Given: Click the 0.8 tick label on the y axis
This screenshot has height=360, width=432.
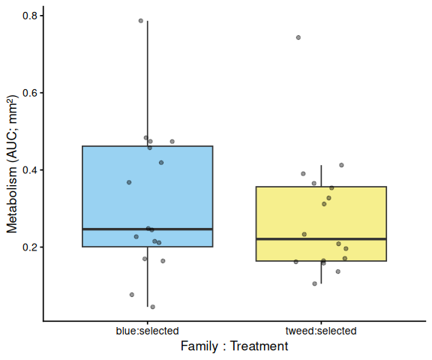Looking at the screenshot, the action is [30, 16].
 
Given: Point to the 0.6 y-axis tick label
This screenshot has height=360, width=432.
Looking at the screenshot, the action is [30, 93].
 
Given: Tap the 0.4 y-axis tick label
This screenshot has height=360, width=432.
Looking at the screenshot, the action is [30, 170].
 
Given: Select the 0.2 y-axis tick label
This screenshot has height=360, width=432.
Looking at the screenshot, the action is [30, 247].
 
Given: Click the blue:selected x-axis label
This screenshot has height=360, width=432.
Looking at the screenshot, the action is [148, 331].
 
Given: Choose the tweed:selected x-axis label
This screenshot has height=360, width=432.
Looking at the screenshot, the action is [321, 331].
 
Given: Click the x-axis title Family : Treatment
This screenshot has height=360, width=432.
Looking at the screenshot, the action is [235, 346].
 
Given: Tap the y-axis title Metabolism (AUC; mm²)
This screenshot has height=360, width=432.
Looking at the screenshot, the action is [12, 165].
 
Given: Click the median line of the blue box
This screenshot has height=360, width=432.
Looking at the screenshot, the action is [148, 229].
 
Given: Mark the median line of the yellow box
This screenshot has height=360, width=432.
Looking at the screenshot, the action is [321, 238].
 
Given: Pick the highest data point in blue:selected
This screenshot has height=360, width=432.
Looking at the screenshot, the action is [141, 21].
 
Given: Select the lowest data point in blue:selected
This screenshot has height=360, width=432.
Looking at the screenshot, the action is [153, 307].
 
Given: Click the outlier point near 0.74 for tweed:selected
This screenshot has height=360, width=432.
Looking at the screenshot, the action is [298, 37].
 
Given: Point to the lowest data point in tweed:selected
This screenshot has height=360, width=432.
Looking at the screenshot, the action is [315, 283].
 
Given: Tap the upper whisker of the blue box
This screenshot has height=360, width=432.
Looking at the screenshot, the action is [148, 83].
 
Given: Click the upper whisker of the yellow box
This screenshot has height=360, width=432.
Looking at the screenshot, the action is [321, 176].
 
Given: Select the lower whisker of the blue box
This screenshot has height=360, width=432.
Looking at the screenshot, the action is [148, 277].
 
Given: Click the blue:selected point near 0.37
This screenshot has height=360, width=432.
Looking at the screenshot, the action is [129, 182].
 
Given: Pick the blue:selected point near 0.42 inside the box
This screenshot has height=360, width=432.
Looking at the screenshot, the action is [161, 163].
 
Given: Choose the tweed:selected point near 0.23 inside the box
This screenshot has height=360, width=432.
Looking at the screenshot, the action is [304, 235].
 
